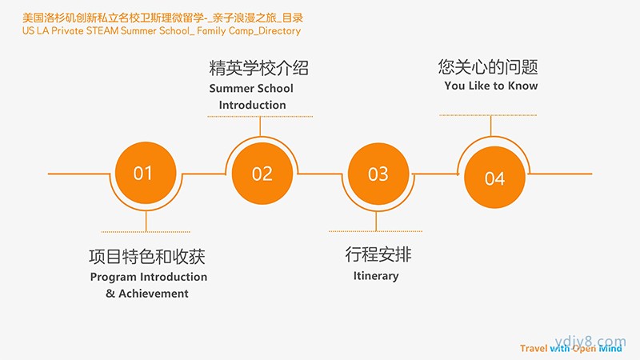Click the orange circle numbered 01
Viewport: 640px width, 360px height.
[146, 173]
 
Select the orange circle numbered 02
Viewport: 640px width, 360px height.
[262, 174]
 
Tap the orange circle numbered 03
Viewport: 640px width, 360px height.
[378, 174]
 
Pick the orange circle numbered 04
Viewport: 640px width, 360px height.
[494, 178]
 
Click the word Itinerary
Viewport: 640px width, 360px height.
[376, 276]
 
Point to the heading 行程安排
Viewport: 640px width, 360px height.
[378, 254]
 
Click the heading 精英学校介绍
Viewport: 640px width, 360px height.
[258, 68]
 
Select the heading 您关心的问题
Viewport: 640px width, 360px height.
[488, 66]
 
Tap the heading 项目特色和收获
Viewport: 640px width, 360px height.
[147, 256]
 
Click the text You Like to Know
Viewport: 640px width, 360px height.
[491, 86]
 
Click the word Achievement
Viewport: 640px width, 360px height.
[154, 294]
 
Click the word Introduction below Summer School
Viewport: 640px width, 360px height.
[252, 105]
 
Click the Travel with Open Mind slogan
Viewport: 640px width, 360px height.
[571, 348]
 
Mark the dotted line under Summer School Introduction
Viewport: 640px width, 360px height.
[260, 116]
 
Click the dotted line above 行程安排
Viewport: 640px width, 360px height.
[375, 231]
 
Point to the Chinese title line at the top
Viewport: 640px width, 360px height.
[163, 18]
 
